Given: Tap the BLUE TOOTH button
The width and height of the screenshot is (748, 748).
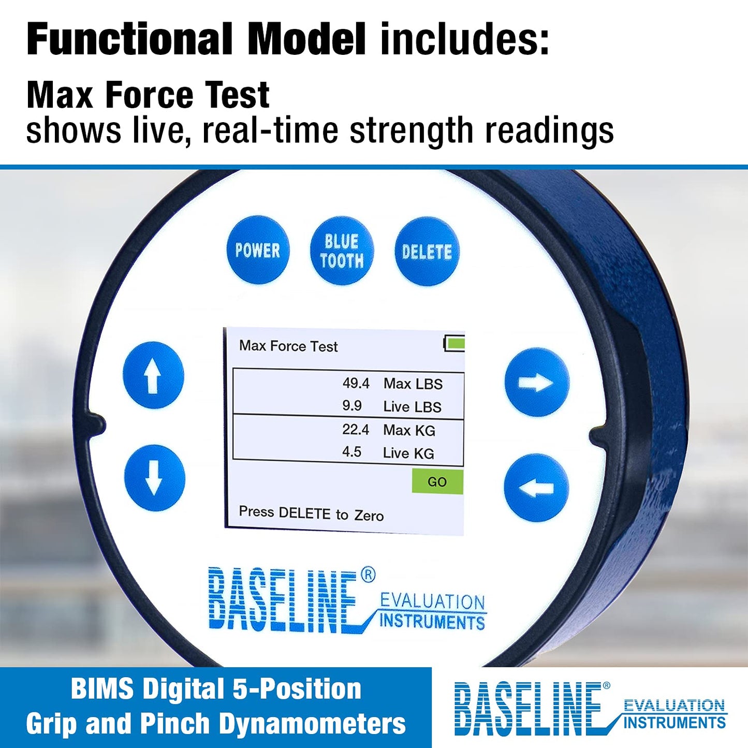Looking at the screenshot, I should [342, 251].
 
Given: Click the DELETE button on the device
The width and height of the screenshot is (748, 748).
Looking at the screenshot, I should [427, 252].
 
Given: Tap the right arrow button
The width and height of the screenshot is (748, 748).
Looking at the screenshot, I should [537, 383].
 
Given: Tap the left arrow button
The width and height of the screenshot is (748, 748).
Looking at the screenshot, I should [536, 488].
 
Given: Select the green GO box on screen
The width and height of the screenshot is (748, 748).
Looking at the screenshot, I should [437, 482].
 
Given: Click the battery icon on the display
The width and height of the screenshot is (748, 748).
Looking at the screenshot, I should [454, 343].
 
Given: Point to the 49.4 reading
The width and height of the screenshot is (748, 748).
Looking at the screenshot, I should [356, 384].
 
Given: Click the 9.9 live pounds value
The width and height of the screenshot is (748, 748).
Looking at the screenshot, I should [352, 406].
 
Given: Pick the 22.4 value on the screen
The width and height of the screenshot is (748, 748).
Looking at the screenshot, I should [356, 430].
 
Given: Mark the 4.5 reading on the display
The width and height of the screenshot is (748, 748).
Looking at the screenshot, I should [352, 452].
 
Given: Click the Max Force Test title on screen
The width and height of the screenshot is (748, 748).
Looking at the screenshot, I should [288, 346].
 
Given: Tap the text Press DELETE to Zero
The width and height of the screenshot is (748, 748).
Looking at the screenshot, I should [311, 514].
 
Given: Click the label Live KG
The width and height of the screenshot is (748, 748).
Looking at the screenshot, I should [408, 453].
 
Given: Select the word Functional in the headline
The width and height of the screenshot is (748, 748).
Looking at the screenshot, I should [129, 39].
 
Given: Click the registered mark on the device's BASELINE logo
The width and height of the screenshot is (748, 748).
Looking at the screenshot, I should [368, 575].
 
